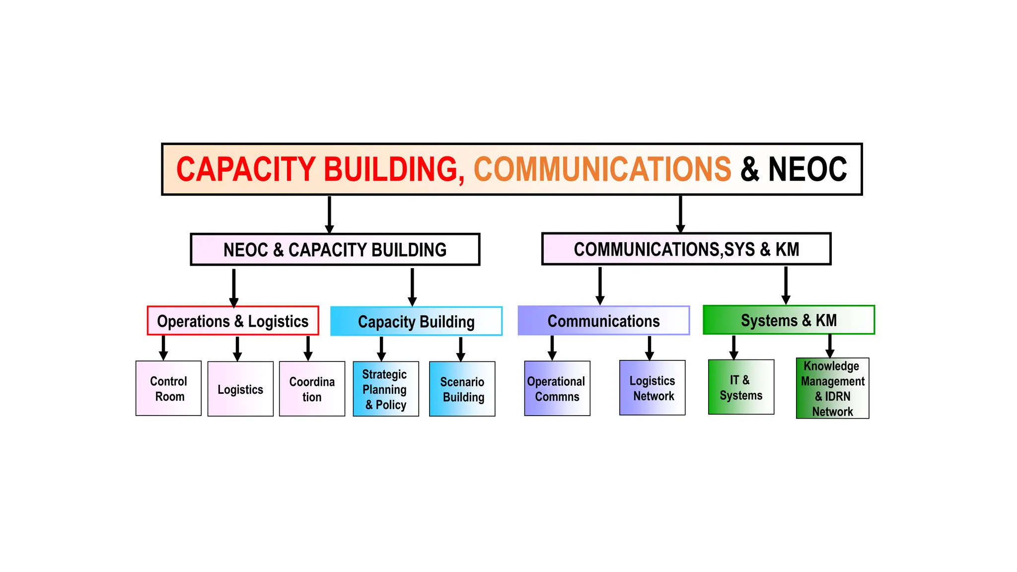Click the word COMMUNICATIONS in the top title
[602, 169]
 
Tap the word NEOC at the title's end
[807, 169]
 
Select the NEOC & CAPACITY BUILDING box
[335, 249]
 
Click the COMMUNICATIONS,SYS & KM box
[686, 249]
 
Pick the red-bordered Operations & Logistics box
[232, 321]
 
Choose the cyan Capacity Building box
[416, 321]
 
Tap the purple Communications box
[603, 321]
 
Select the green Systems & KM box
[789, 320]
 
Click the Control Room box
[168, 388]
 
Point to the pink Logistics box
[240, 389]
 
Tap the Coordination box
[312, 389]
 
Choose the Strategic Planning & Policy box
[385, 389]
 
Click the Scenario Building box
[462, 389]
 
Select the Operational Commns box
[557, 388]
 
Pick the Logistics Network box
[652, 388]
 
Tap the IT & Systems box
[741, 387]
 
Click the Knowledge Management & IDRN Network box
[832, 388]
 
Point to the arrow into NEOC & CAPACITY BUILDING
[329, 214]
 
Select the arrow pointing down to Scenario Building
[461, 349]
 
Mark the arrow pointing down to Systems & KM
[786, 285]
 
